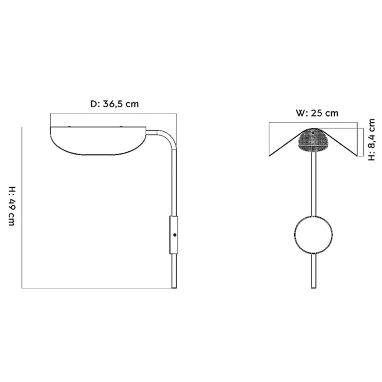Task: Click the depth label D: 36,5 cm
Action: tap(115, 104)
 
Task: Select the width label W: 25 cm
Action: tap(317, 113)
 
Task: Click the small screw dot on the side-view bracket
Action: tap(176, 235)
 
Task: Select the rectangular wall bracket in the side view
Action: tap(174, 235)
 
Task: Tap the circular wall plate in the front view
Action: tap(313, 235)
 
